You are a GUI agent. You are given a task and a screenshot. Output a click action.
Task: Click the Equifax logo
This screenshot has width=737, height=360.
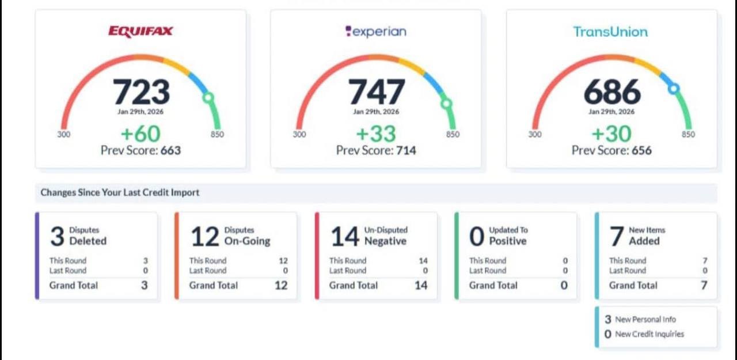point(140,31)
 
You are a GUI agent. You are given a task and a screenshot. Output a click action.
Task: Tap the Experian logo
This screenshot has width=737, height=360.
point(375,32)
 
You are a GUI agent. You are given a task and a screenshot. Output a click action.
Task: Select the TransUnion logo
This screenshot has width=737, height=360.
point(610,32)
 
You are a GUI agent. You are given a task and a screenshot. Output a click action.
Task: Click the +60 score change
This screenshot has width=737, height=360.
point(140,134)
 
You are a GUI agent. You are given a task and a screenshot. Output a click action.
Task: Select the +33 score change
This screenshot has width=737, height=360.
point(376,134)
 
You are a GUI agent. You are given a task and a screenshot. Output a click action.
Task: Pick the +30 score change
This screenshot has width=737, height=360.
point(611,134)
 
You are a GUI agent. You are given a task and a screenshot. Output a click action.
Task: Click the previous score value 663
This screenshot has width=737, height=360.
point(170,151)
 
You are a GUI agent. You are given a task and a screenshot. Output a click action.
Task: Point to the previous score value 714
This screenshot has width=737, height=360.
point(405,151)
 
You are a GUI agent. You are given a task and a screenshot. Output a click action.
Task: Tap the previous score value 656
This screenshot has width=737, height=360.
point(641,151)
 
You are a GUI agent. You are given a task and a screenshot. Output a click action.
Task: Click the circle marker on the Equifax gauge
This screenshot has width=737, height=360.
point(208,98)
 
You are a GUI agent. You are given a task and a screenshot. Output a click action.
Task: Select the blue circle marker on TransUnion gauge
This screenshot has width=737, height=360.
point(673,88)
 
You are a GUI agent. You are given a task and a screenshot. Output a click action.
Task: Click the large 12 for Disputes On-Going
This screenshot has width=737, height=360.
point(205,236)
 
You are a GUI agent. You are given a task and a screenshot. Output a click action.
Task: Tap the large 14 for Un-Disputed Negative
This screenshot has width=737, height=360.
point(345,236)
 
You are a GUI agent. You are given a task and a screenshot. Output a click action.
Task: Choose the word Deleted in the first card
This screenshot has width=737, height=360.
point(88,241)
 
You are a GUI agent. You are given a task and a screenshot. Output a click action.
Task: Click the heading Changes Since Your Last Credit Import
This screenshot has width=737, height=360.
point(120,192)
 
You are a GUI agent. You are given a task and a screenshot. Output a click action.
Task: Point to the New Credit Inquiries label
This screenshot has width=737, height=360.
point(649,334)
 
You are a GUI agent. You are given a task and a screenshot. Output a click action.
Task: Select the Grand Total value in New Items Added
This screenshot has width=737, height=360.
point(704,285)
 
